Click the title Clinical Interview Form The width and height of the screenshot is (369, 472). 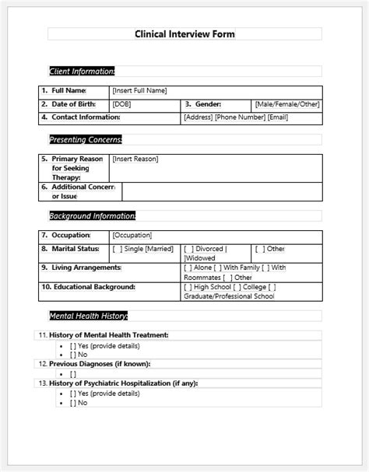coord(184,34)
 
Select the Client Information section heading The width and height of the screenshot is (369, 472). coord(82,72)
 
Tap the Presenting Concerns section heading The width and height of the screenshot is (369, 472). coord(86,140)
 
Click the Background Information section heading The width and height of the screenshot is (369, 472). coord(92,215)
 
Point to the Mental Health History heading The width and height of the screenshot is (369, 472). coord(88,316)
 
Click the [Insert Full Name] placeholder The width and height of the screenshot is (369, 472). coord(139,91)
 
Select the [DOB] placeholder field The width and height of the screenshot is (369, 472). coord(121,104)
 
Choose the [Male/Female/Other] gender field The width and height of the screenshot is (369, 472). coord(286,104)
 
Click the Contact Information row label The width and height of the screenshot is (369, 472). coord(86,117)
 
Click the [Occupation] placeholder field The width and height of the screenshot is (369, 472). coord(132,235)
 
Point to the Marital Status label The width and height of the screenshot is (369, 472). coord(75,249)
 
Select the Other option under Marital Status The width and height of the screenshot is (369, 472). coord(272,249)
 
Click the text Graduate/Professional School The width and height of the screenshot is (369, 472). coord(229,296)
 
